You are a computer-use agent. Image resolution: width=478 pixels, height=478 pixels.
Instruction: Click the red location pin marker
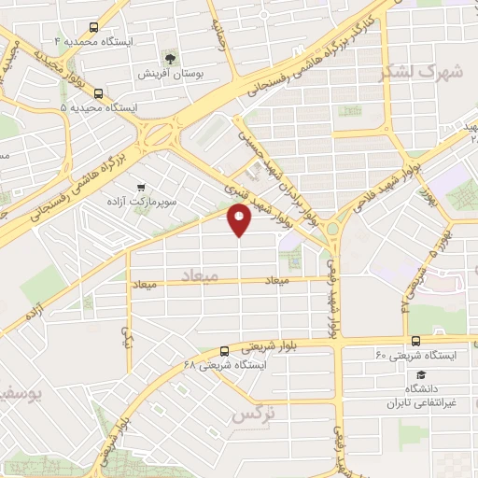point(239,219)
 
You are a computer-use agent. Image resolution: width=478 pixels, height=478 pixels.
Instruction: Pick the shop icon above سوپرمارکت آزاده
point(141,187)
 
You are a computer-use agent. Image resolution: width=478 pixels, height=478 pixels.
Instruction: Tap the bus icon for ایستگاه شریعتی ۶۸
point(223,352)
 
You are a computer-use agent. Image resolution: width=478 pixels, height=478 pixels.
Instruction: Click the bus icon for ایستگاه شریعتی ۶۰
point(414,342)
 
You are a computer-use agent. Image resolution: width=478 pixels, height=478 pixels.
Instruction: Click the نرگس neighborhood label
point(254,412)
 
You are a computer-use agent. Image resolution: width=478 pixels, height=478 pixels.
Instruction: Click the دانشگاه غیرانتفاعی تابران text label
point(421,396)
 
